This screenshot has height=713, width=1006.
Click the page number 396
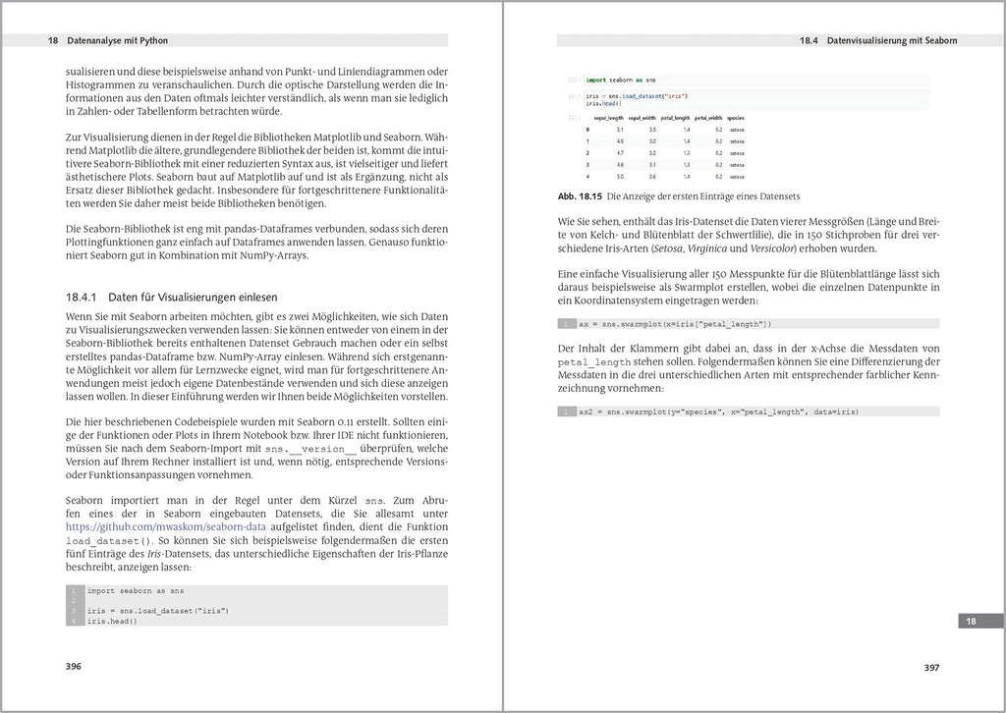(73, 666)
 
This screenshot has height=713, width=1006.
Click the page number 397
(932, 667)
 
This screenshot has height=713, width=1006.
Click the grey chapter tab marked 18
(970, 621)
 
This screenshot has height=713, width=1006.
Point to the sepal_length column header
(609, 118)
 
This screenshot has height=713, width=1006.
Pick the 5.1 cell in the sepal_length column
(620, 130)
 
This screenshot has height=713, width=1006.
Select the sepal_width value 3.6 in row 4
(652, 177)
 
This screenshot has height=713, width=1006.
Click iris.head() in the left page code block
(111, 621)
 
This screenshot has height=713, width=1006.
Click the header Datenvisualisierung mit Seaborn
(892, 41)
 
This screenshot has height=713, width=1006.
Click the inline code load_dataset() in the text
(109, 540)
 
